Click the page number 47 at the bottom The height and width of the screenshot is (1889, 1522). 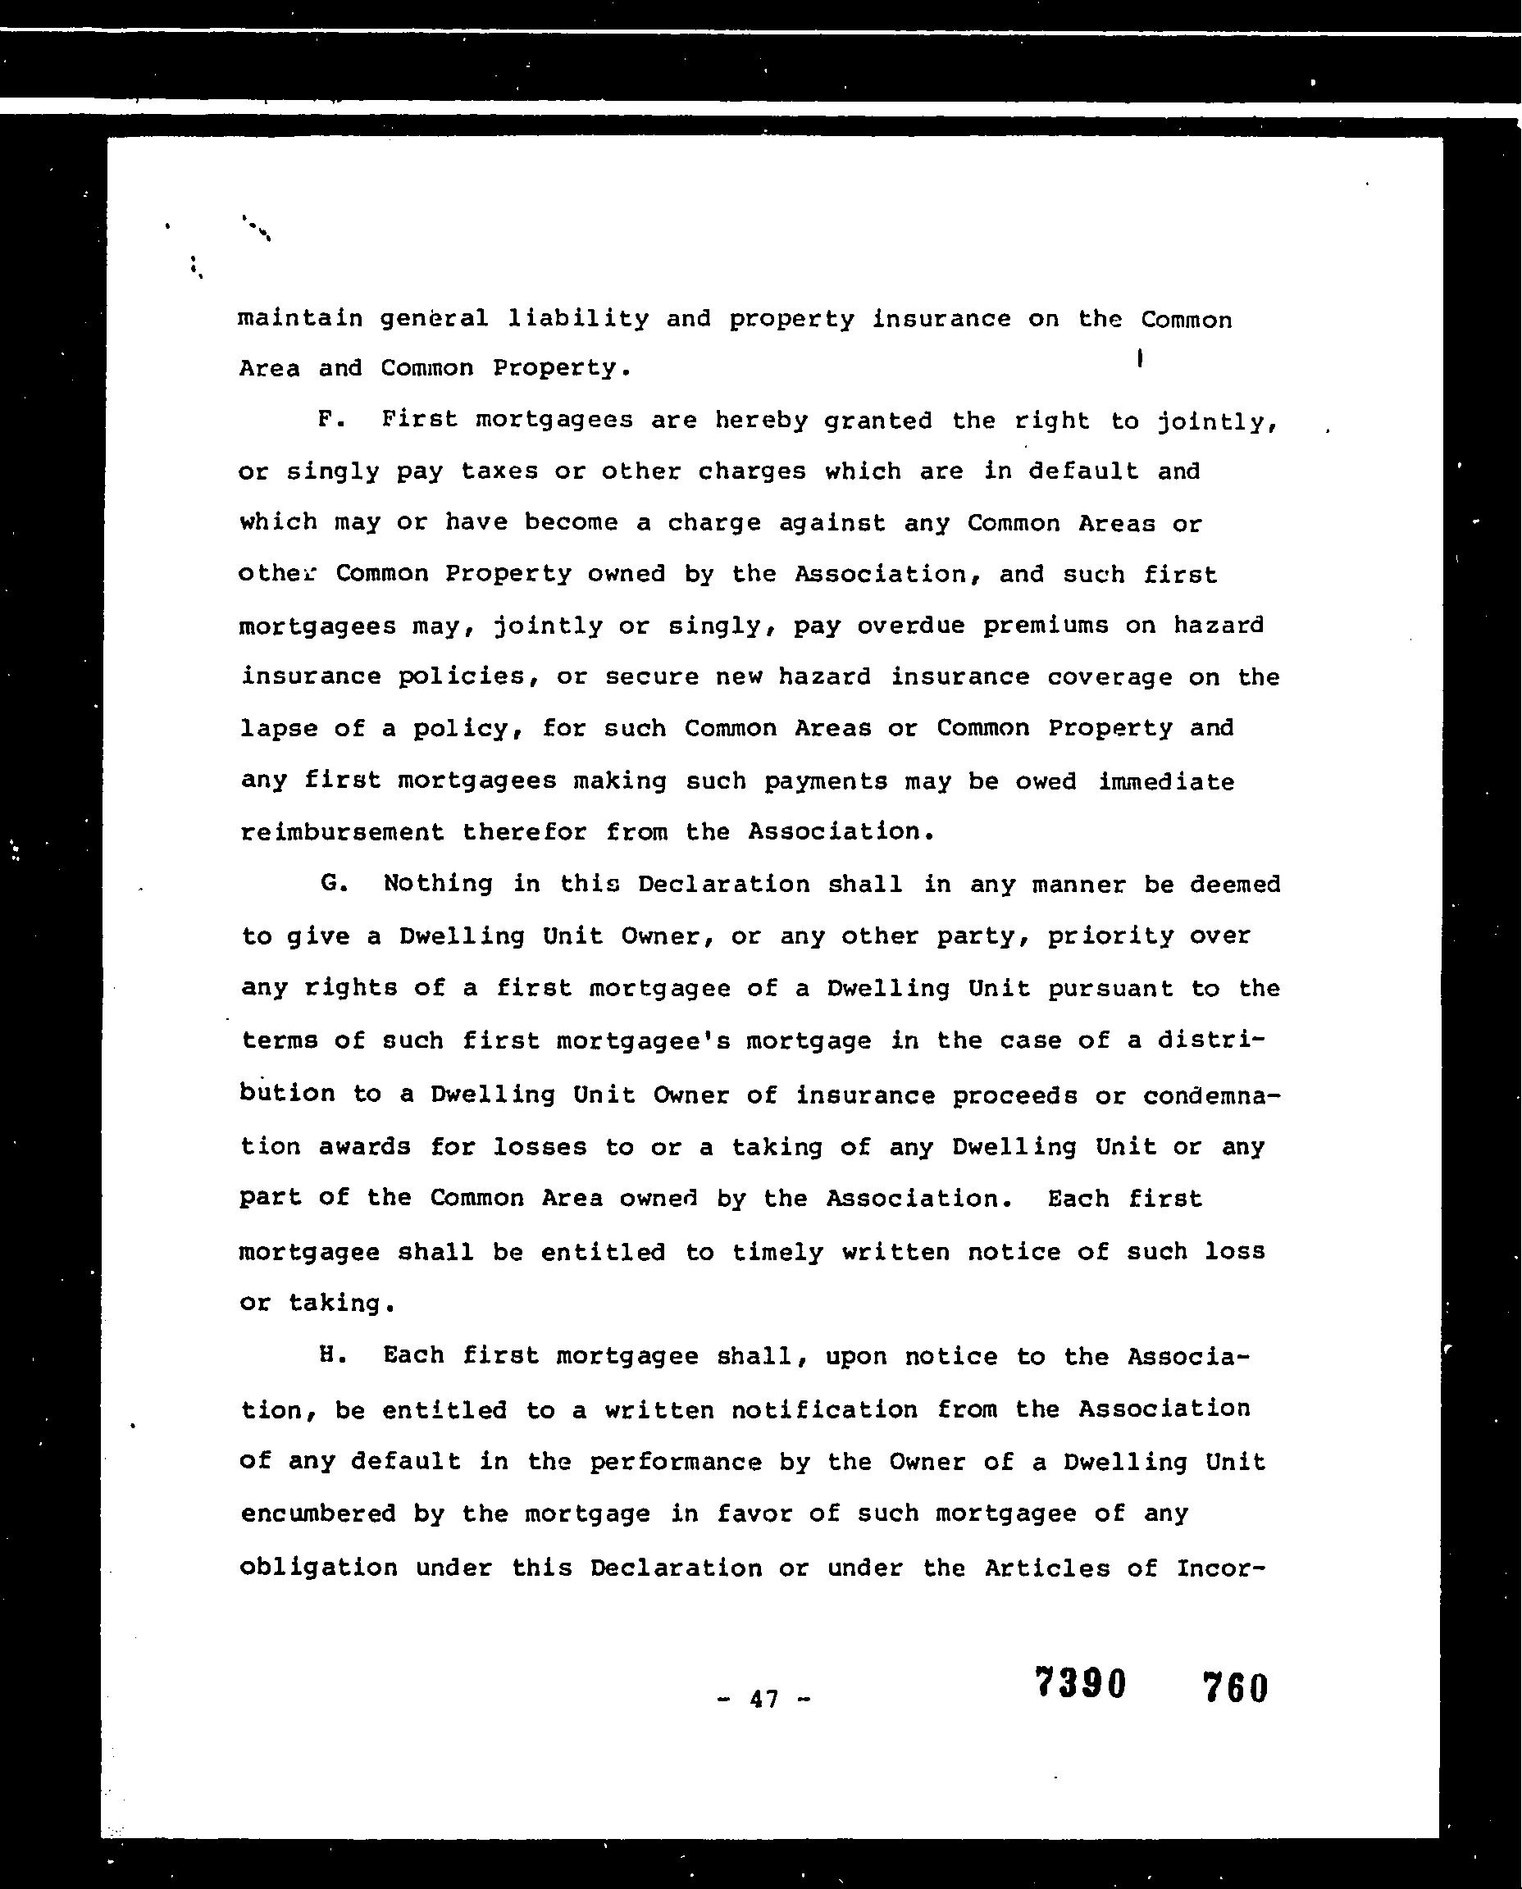[x=763, y=1700]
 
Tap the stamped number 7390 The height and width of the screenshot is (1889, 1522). [x=1080, y=1683]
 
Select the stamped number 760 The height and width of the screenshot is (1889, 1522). [x=1235, y=1687]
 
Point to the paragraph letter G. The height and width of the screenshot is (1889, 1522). [x=332, y=883]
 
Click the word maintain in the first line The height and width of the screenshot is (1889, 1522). [x=300, y=317]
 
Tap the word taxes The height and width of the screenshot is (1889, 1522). [x=498, y=471]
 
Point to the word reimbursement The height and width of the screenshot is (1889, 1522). [x=342, y=831]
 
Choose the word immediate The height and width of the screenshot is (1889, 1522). [x=1166, y=781]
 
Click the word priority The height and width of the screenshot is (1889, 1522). [x=1110, y=936]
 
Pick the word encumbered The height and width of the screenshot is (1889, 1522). [x=317, y=1513]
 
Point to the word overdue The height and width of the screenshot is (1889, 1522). [x=911, y=625]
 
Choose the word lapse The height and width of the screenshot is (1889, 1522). [x=279, y=728]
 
